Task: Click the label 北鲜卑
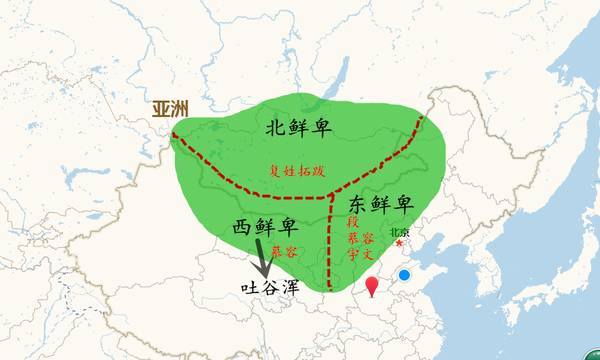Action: click(298, 128)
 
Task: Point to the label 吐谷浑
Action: click(271, 286)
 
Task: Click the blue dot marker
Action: click(404, 275)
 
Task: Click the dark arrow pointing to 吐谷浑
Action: click(263, 258)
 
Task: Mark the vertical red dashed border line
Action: click(331, 240)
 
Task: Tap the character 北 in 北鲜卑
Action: click(274, 128)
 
